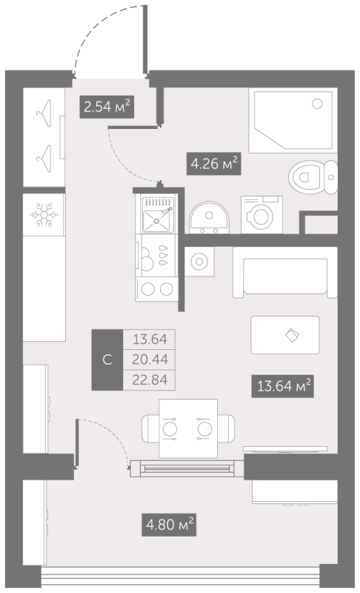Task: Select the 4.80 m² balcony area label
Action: [x=169, y=526]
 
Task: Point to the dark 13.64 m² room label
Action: [x=282, y=385]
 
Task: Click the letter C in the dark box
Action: [x=107, y=360]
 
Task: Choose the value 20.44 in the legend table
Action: [x=149, y=360]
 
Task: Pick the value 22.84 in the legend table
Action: [x=149, y=380]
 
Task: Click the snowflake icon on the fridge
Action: [x=43, y=216]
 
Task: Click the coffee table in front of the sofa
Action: [x=285, y=335]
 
